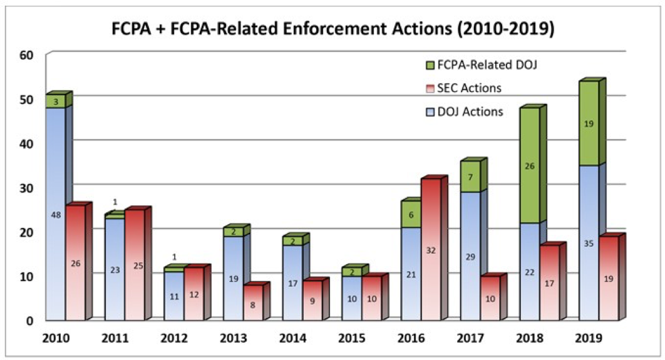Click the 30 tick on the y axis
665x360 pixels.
(28, 187)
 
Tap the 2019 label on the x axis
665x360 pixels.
(589, 339)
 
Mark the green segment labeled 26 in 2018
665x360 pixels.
(529, 166)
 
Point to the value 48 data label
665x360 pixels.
(56, 214)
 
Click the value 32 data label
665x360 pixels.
(431, 250)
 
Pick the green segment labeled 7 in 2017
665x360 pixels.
(470, 177)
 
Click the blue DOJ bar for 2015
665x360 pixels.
(352, 298)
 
